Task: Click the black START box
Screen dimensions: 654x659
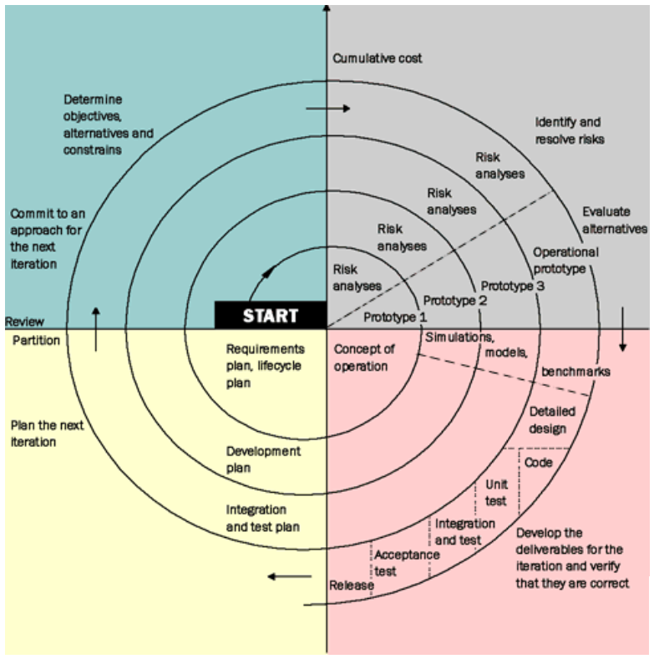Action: (x=271, y=315)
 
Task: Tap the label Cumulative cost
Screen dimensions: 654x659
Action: (x=377, y=58)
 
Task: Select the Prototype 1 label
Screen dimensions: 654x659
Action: (x=395, y=317)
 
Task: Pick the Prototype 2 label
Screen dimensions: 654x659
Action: (x=454, y=301)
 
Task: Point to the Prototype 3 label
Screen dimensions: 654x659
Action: (x=512, y=286)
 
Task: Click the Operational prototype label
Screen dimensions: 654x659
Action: (x=565, y=261)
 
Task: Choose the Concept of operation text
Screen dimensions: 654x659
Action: (x=364, y=357)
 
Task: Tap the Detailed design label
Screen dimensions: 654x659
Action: (x=552, y=420)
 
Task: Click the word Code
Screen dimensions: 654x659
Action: (x=539, y=463)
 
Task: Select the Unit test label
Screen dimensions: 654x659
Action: (x=496, y=493)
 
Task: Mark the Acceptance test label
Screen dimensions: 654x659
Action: (x=407, y=563)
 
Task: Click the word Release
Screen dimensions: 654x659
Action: (x=352, y=585)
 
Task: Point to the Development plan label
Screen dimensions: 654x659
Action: (x=263, y=459)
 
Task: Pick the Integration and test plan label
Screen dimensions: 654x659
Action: (x=263, y=518)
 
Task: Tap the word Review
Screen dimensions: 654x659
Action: (x=24, y=322)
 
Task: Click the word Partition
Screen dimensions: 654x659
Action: (x=36, y=341)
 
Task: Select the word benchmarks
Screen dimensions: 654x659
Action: (x=575, y=372)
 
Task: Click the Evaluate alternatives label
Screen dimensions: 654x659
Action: (x=615, y=221)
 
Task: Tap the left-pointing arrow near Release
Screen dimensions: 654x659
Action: (x=290, y=576)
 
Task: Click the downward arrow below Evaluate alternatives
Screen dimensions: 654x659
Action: (x=622, y=329)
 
